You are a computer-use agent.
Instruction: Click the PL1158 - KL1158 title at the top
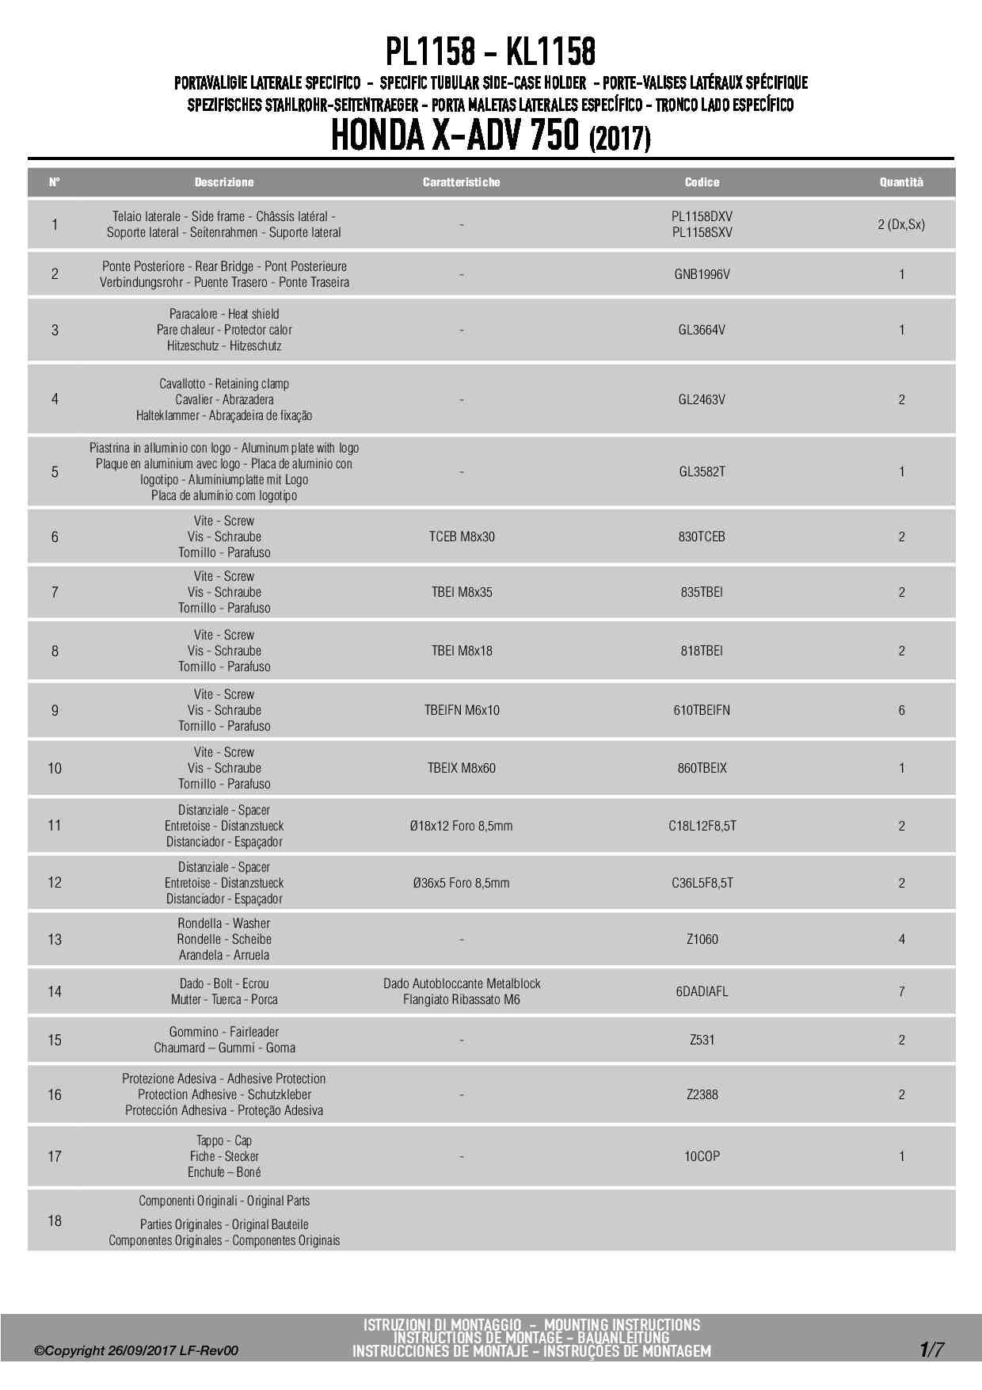point(490,52)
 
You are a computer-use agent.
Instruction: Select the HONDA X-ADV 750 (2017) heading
point(490,136)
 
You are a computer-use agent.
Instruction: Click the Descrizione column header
point(224,182)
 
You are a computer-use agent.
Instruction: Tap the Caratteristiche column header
point(461,182)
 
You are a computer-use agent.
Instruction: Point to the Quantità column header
point(901,182)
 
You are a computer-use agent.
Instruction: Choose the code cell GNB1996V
point(702,274)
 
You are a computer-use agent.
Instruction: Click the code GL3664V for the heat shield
point(702,330)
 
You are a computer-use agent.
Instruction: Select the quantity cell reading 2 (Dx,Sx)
point(901,224)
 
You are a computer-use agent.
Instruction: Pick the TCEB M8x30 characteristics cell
point(462,537)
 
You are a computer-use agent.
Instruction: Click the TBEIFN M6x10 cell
point(462,710)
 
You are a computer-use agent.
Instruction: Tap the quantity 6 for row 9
point(901,710)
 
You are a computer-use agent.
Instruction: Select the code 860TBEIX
point(702,768)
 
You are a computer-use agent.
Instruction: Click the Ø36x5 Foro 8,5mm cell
point(461,883)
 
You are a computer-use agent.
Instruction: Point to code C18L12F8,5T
point(702,826)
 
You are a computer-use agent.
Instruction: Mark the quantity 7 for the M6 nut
point(901,991)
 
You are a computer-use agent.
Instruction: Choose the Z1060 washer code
point(702,939)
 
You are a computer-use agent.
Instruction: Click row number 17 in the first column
point(55,1156)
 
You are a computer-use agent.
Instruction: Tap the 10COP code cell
point(702,1156)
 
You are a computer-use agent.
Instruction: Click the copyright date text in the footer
point(135,1350)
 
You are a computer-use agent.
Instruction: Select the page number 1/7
point(931,1349)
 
